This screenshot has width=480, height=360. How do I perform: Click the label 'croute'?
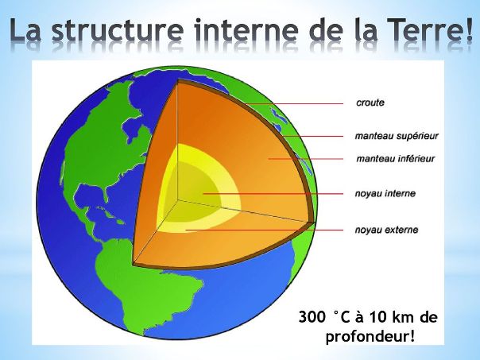point(370,103)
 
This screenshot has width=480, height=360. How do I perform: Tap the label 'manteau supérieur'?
point(397,136)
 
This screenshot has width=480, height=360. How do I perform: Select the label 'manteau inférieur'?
point(395,159)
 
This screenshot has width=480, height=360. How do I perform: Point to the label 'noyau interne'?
point(385,193)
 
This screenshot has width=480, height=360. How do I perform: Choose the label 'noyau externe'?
point(386,230)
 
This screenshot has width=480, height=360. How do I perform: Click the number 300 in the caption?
point(312,317)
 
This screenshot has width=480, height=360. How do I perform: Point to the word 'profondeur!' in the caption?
point(370,337)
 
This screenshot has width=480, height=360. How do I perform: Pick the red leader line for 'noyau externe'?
point(265,230)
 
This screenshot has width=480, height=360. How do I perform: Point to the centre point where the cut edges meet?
point(177,200)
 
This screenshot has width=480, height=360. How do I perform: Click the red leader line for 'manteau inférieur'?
point(305,159)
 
